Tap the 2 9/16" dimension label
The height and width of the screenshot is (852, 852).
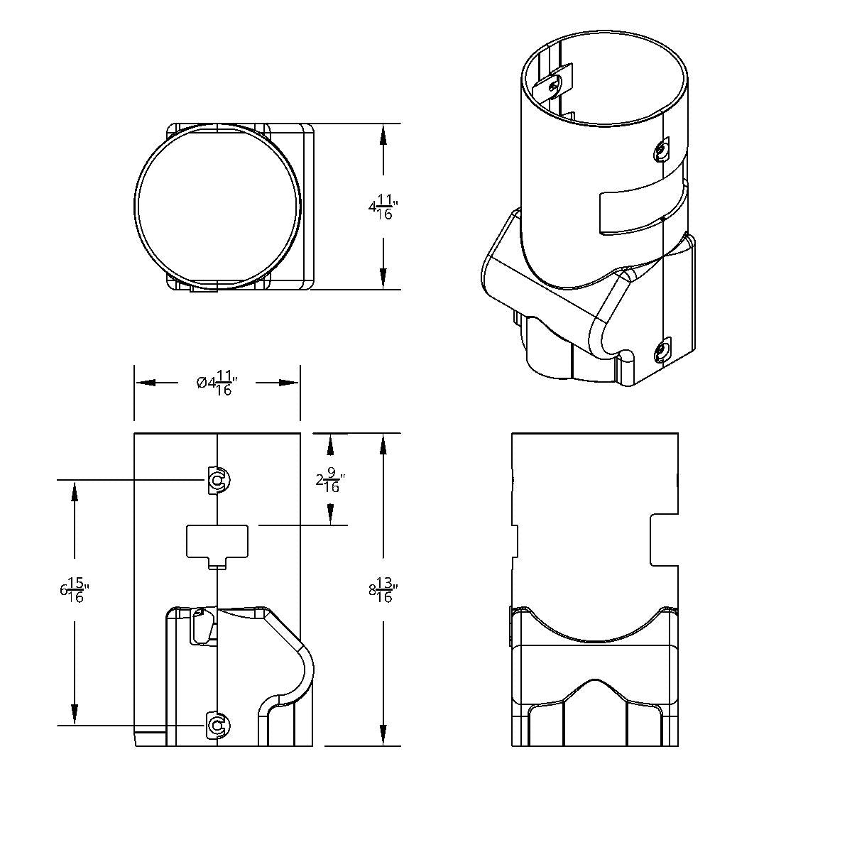[330, 482]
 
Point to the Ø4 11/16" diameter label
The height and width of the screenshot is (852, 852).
[217, 383]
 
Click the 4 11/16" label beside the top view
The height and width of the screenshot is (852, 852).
[383, 207]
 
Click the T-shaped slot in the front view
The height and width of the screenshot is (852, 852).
[217, 547]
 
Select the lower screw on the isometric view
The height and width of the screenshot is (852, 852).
[662, 351]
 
